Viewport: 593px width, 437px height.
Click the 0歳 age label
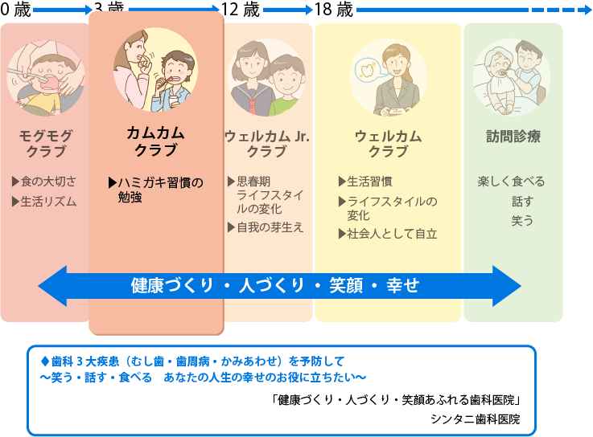pos(16,10)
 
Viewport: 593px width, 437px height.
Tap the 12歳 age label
pos(240,10)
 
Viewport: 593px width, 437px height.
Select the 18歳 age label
pos(333,10)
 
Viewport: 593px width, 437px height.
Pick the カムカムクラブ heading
pos(155,141)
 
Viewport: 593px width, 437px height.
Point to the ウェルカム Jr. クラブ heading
pos(266,143)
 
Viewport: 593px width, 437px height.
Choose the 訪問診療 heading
pos(513,136)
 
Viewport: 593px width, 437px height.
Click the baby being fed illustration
pos(44,78)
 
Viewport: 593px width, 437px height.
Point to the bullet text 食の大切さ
pos(48,181)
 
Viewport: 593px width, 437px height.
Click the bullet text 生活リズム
pos(48,202)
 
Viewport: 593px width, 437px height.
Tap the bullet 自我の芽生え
pos(270,227)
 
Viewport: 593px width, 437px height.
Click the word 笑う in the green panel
pos(522,219)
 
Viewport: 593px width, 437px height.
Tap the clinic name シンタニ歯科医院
pos(475,419)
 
